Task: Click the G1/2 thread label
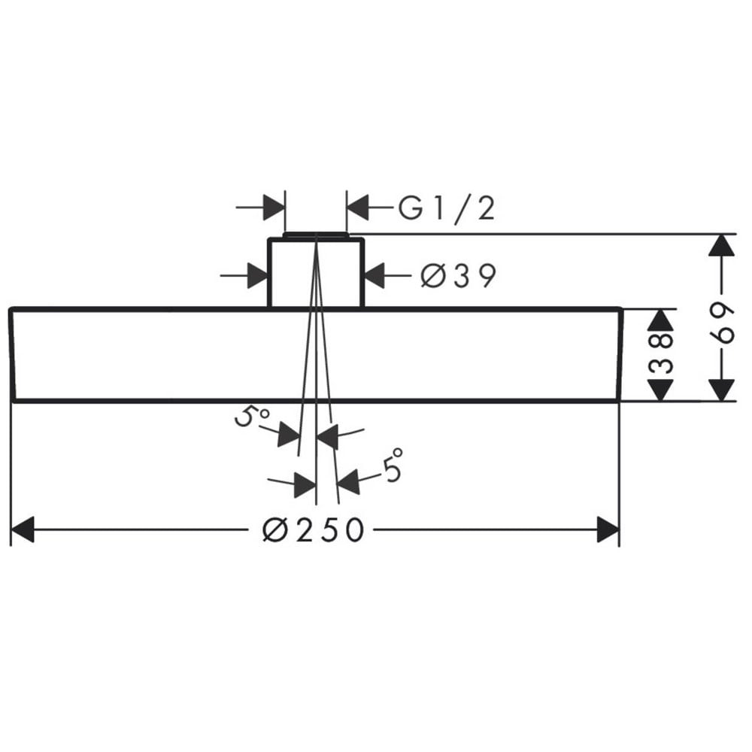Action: [447, 209]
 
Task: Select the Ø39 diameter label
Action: [458, 276]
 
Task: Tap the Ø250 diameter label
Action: [314, 530]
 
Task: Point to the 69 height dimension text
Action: [722, 323]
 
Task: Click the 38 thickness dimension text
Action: [661, 354]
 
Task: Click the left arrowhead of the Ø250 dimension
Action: [22, 530]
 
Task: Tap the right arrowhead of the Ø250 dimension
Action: [608, 530]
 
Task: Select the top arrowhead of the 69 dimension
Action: [722, 246]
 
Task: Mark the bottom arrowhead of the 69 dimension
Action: [722, 390]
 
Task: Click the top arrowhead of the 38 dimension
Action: [661, 320]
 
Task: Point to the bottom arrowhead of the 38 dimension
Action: [661, 389]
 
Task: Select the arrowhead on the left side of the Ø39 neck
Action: [257, 276]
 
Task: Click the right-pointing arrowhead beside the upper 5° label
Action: [290, 435]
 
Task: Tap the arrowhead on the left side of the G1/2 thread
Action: [274, 208]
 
